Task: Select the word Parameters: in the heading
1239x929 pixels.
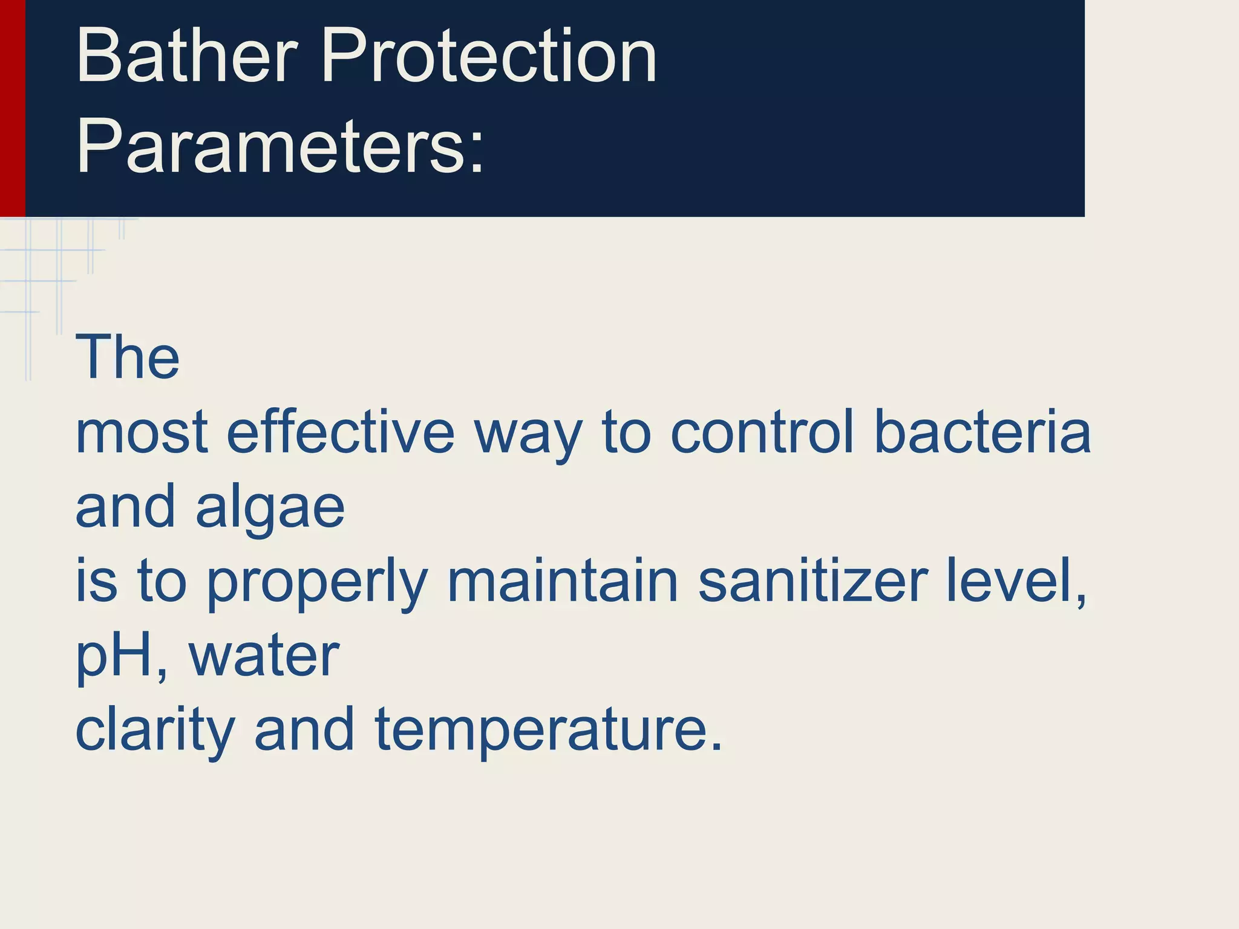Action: pos(280,148)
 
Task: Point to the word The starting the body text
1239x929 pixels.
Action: pos(127,358)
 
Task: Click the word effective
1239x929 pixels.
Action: pos(340,432)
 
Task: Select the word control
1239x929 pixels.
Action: pos(762,432)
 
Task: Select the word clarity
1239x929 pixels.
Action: pos(155,732)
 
